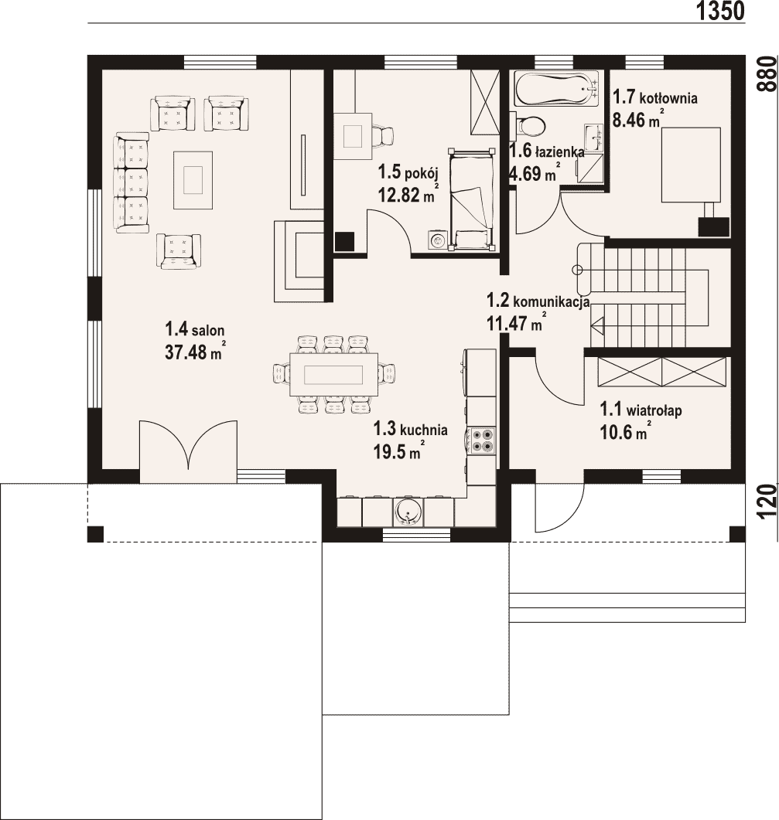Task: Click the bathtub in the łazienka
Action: point(556,88)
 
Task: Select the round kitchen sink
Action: point(408,512)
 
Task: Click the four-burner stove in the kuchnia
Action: point(482,440)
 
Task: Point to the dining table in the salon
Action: point(333,374)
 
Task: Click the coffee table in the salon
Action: point(193,180)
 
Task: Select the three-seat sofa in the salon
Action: point(132,182)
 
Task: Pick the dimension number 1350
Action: point(720,11)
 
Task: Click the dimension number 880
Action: point(768,73)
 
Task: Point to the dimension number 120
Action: point(768,502)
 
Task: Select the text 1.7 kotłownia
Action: point(655,97)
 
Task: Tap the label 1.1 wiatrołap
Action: point(641,410)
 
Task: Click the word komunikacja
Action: point(552,301)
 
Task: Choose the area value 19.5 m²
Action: point(398,451)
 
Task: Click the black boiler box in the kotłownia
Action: point(714,226)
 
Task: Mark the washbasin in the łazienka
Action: point(594,138)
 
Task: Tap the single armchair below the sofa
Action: point(179,251)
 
